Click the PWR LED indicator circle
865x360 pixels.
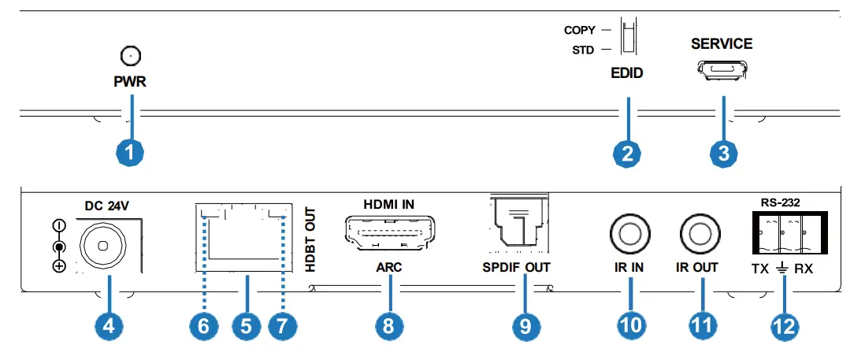pyautogui.click(x=131, y=55)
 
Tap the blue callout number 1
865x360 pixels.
pyautogui.click(x=131, y=150)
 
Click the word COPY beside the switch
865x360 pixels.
pyautogui.click(x=580, y=31)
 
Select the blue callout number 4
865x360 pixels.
pyautogui.click(x=108, y=326)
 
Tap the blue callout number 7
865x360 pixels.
pyautogui.click(x=284, y=326)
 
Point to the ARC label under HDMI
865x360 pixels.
pyautogui.click(x=388, y=268)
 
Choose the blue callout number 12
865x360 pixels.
pyautogui.click(x=785, y=326)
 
